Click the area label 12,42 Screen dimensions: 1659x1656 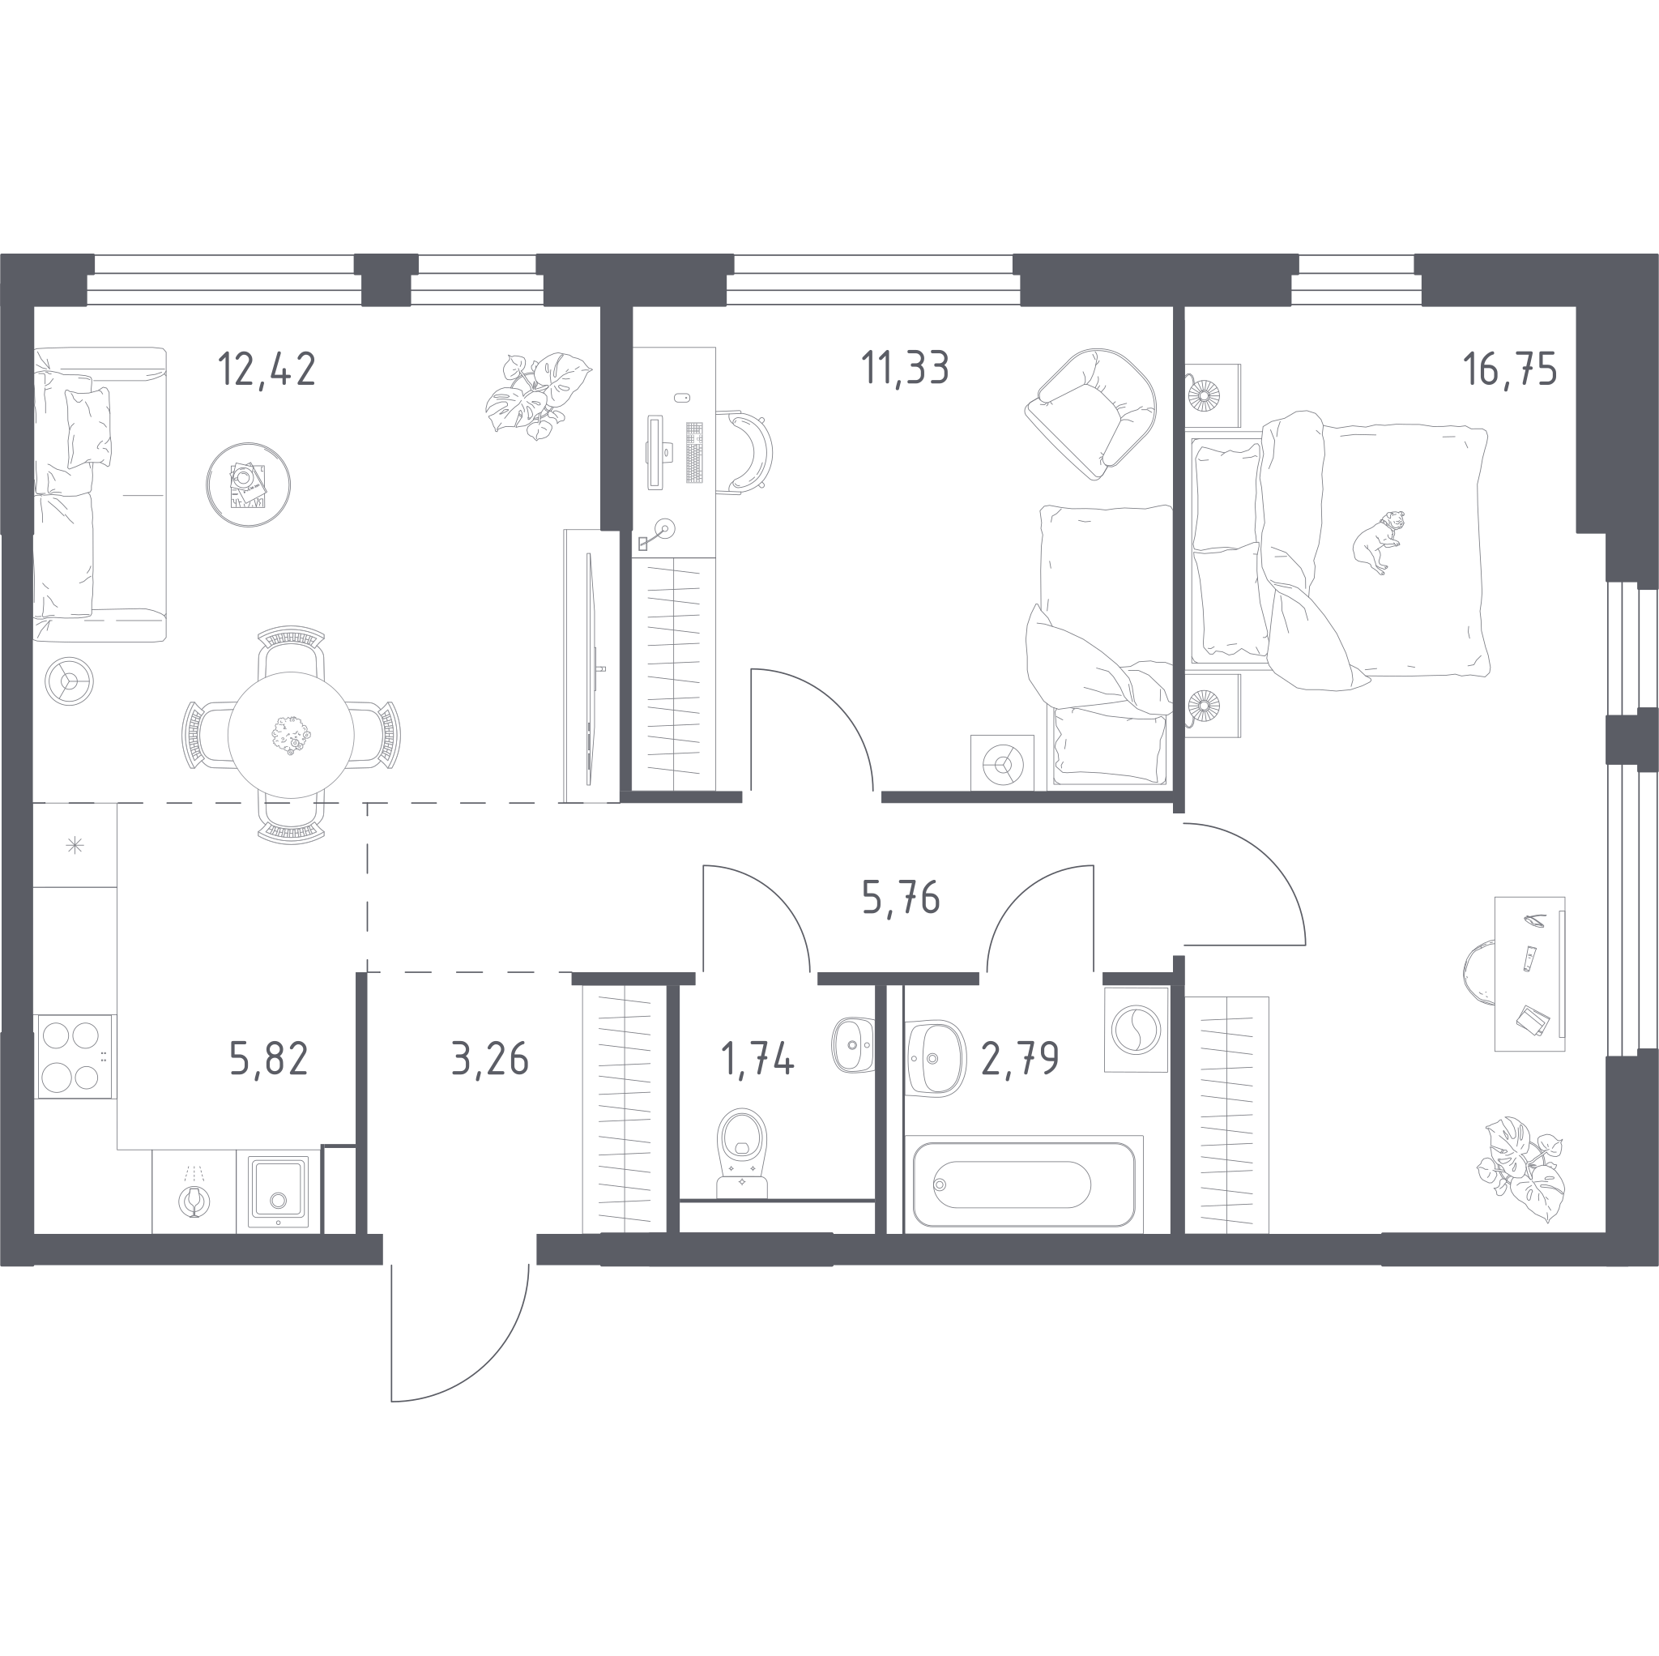(267, 369)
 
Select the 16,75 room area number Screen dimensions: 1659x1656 (1510, 369)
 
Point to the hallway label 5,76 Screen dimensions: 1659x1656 (901, 898)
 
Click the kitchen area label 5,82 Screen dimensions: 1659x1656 (269, 1058)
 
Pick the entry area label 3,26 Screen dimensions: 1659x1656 (490, 1058)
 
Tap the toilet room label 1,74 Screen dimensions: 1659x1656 (757, 1058)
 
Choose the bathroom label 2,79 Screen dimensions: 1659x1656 (1020, 1058)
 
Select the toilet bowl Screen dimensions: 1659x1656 (742, 1154)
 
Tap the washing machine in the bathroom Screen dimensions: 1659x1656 (1136, 1029)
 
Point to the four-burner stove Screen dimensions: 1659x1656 (73, 1056)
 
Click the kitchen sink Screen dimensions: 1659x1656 (278, 1191)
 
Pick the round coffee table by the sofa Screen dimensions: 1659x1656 (248, 485)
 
